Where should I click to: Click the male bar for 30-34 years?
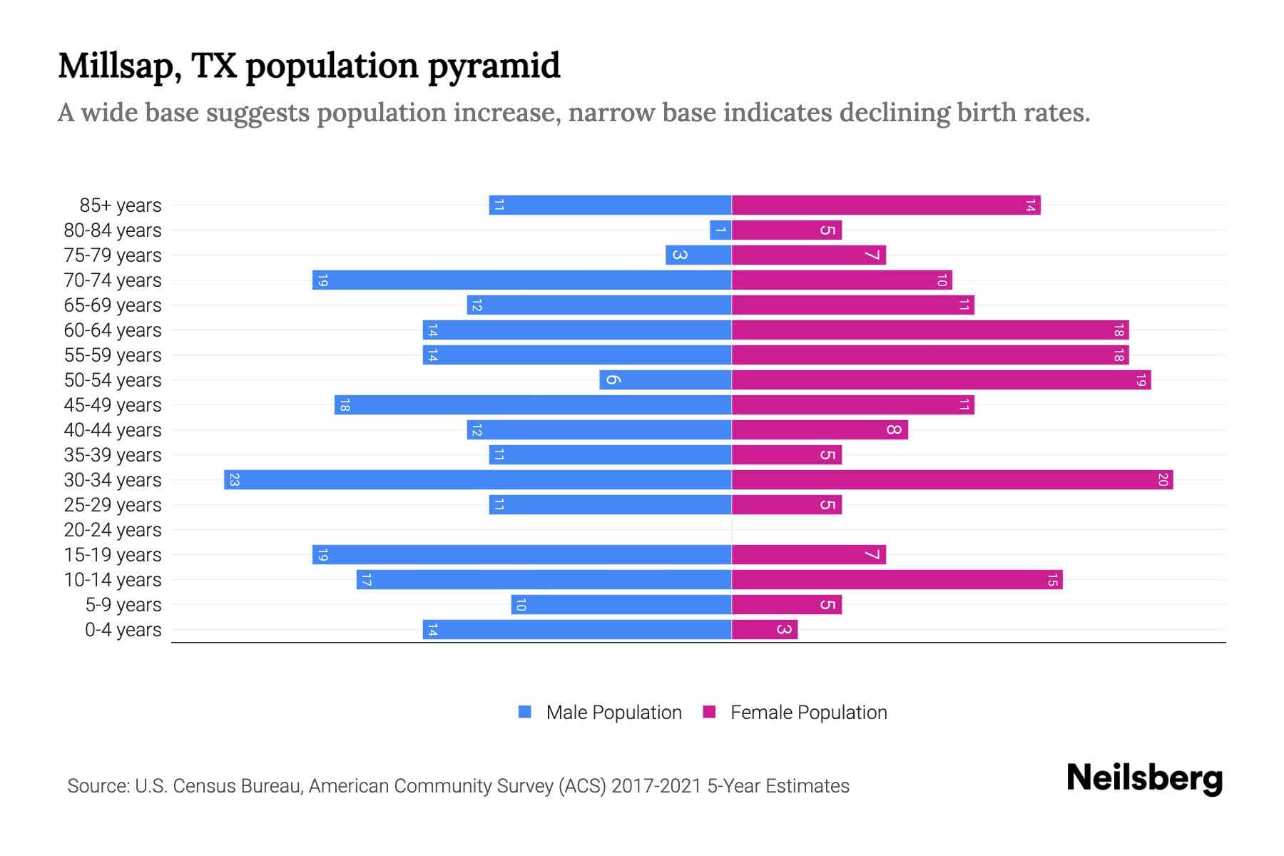click(478, 480)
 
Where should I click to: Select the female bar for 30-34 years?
click(952, 480)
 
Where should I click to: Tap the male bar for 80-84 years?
click(720, 230)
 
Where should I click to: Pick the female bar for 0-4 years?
click(765, 630)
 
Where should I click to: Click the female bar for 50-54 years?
click(942, 380)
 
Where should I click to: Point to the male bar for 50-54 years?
click(666, 380)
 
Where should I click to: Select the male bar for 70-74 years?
click(522, 280)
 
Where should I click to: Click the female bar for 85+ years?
click(886, 205)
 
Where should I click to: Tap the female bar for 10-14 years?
click(897, 580)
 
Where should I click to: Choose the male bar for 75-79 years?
click(698, 255)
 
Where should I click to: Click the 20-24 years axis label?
click(113, 530)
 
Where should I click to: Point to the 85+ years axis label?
click(121, 205)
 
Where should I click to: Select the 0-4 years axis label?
click(123, 630)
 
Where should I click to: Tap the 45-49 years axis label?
click(113, 405)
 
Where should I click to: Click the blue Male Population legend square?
click(525, 712)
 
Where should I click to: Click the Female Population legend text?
click(808, 713)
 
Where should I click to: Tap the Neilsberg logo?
click(1144, 778)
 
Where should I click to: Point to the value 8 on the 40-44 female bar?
click(894, 430)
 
